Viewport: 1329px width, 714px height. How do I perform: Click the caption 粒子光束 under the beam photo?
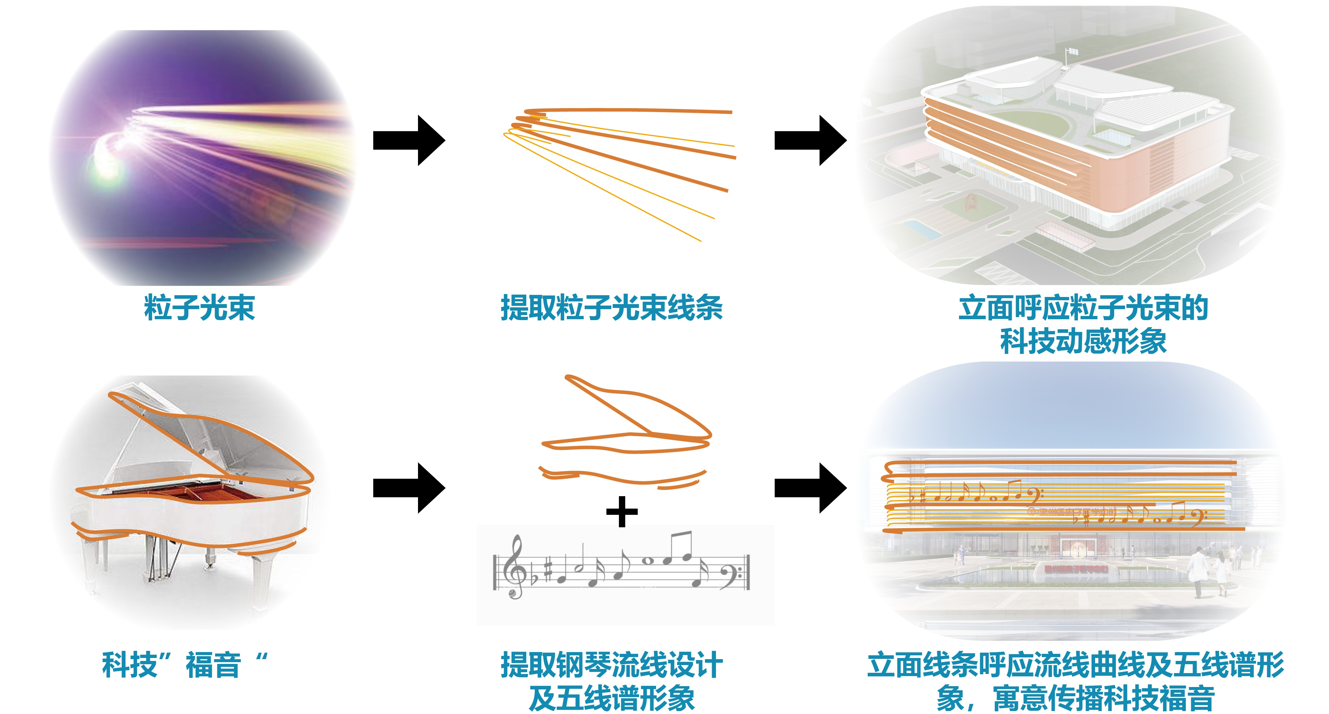click(199, 308)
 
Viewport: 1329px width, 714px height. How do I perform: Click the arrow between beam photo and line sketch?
click(409, 140)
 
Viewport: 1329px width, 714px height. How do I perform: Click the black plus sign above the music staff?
click(622, 512)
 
